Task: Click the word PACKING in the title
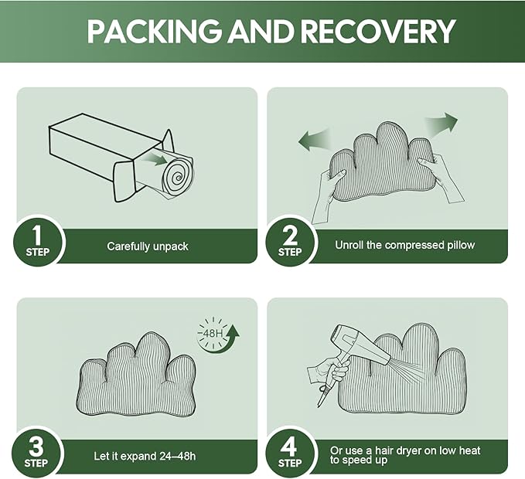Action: pyautogui.click(x=154, y=31)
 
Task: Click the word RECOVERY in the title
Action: pyautogui.click(x=378, y=31)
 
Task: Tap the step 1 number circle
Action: pyautogui.click(x=38, y=242)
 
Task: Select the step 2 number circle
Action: pyautogui.click(x=290, y=242)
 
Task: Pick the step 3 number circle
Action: pyautogui.click(x=36, y=454)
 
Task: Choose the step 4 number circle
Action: pyautogui.click(x=290, y=454)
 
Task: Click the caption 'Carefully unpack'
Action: pyautogui.click(x=148, y=246)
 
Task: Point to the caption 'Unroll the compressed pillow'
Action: pyautogui.click(x=405, y=245)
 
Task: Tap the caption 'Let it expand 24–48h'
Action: pyautogui.click(x=145, y=457)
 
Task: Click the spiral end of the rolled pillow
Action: pyautogui.click(x=178, y=176)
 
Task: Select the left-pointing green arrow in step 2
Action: pyautogui.click(x=315, y=139)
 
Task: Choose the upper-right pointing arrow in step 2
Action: pyautogui.click(x=441, y=125)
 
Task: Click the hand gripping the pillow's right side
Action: pyautogui.click(x=441, y=178)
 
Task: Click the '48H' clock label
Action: pyautogui.click(x=210, y=334)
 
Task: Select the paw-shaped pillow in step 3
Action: pyautogui.click(x=137, y=375)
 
